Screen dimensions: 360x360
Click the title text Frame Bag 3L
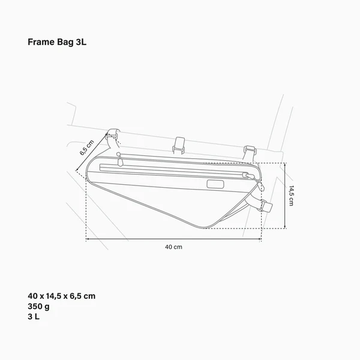[58, 43]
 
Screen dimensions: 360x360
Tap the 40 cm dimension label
[173, 247]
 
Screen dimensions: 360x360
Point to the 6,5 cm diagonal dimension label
[87, 147]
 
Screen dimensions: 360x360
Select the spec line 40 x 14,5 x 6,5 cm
[61, 296]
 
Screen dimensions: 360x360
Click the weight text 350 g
[38, 306]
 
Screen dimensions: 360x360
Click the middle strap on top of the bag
[178, 144]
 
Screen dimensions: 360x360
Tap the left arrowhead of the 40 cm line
[88, 239]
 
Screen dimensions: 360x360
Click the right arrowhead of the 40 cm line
[260, 239]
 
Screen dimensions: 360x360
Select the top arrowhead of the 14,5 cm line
[284, 164]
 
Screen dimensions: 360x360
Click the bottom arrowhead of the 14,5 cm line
[284, 227]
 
